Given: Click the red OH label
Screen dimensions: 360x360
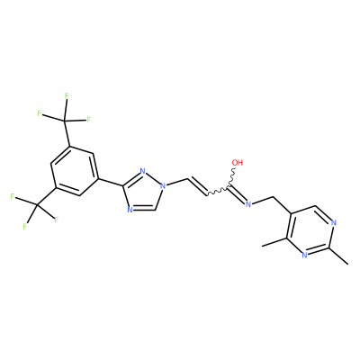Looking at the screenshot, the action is pos(238,163).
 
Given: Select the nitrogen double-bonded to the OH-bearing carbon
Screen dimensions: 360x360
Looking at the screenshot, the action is pos(247,204).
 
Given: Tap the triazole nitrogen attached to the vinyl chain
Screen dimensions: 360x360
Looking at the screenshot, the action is pos(163,186).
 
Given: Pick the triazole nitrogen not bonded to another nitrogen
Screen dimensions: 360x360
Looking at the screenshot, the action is pos(130,210).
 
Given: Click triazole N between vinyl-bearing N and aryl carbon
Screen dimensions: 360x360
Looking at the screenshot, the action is pos(143,172).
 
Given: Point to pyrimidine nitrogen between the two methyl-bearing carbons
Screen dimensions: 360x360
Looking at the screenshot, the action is pos(304,256).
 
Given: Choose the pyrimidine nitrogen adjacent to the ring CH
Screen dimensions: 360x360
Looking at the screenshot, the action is pos(334,223).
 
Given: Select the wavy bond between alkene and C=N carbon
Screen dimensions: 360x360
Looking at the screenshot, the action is pos(218,192).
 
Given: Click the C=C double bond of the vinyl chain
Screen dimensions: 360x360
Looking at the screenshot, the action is pos(197,187).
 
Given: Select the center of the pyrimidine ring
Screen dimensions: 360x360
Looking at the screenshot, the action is pos(311,231).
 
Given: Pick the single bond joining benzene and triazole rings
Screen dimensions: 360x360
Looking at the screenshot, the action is pos(111,183).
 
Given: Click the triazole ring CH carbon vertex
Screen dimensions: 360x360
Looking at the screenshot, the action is pos(155,210).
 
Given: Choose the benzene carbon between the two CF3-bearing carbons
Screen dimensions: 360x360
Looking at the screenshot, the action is pos(50,164).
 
